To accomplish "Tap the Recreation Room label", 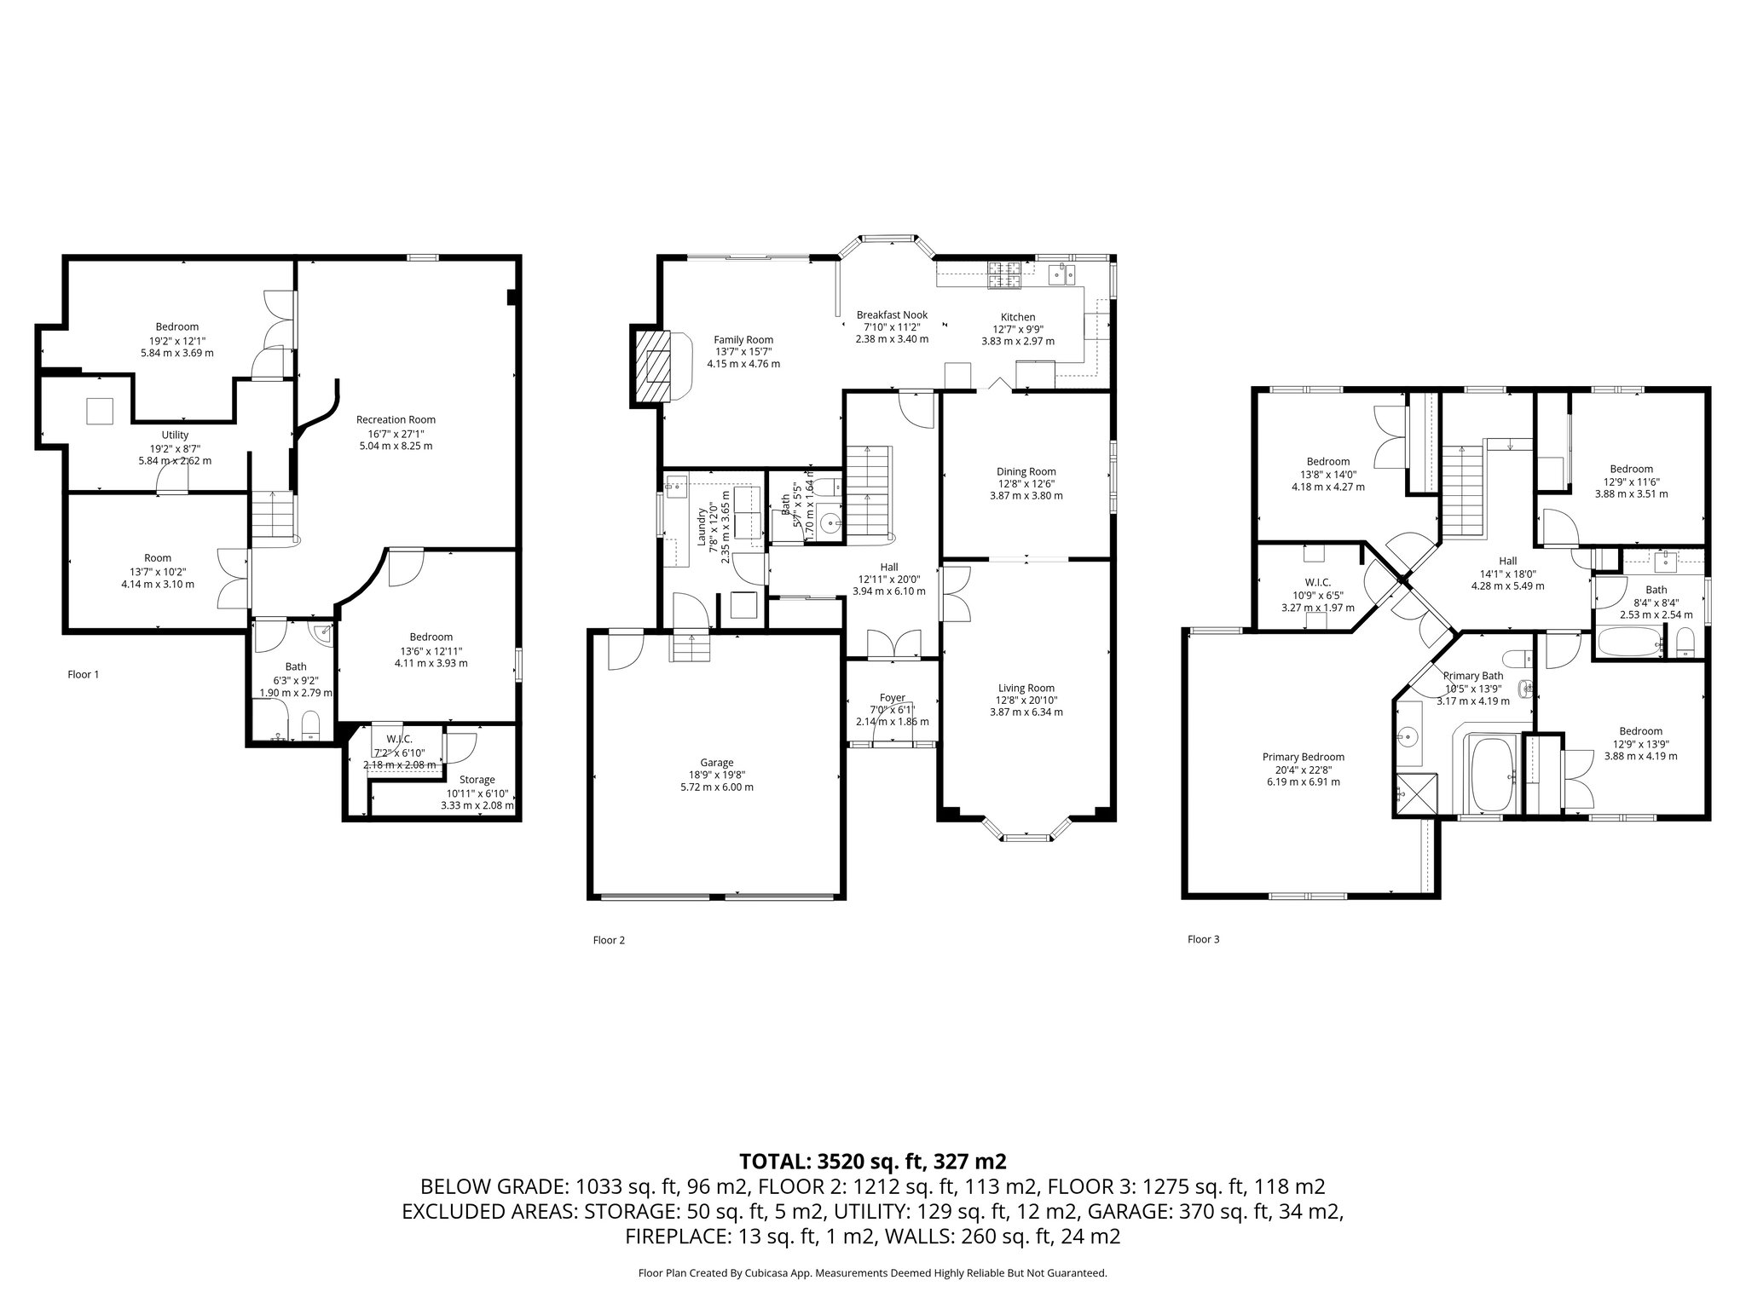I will click(x=396, y=419).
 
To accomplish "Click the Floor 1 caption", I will click(x=84, y=674).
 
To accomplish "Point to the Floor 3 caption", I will click(x=1203, y=939).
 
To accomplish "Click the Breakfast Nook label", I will click(x=892, y=315).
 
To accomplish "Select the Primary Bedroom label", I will click(x=1303, y=757).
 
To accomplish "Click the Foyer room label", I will click(x=892, y=698).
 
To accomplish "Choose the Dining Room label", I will click(x=1026, y=471).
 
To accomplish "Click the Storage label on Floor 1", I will click(x=477, y=779).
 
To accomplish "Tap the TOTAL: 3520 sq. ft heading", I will click(x=872, y=1161).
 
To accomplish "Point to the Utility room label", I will click(x=175, y=435).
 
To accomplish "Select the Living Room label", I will click(x=1026, y=688).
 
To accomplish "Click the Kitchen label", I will click(x=1017, y=317).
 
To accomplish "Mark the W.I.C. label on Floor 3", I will click(x=1317, y=582).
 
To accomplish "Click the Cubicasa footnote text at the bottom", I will click(x=872, y=1272).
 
